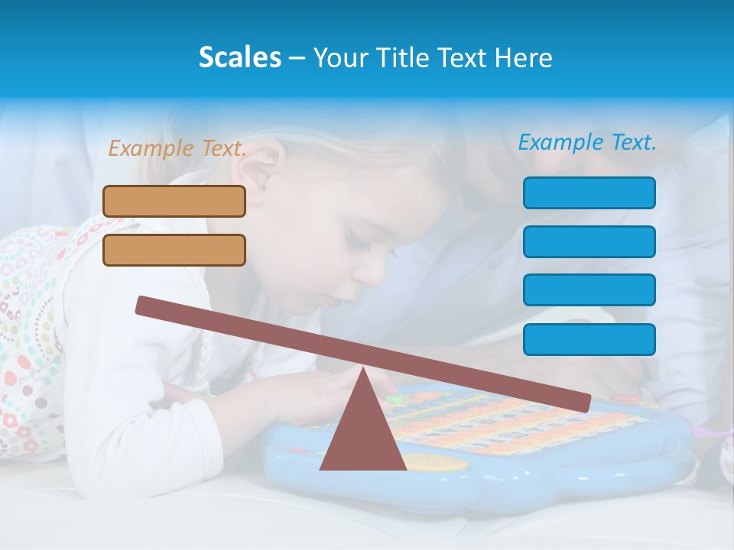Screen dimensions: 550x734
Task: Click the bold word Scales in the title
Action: [239, 57]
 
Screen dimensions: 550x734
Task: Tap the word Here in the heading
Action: [523, 58]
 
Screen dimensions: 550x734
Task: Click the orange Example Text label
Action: [177, 148]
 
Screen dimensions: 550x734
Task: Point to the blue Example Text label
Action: [587, 142]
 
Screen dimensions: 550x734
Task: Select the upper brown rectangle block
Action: [174, 201]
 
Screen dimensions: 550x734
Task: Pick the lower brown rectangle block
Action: [174, 250]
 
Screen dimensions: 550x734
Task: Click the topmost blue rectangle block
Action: [589, 192]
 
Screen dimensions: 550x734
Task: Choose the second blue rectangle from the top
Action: [589, 241]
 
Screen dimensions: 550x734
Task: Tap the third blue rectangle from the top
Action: [589, 290]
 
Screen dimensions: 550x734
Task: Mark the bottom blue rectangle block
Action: [589, 339]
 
